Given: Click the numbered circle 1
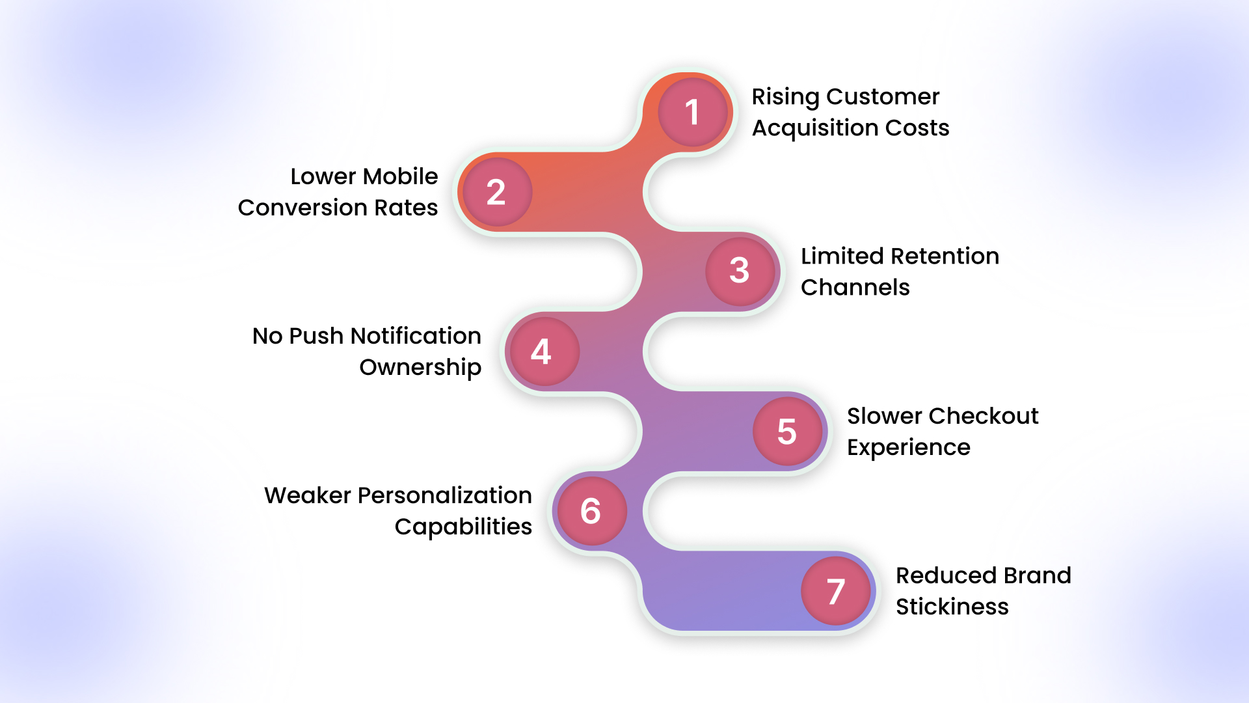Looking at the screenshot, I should coord(692,112).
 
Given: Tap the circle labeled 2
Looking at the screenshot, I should coord(496,192).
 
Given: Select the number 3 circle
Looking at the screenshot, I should coord(740,271).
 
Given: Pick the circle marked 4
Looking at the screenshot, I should coord(542,351).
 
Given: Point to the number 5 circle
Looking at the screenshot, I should coord(787,432).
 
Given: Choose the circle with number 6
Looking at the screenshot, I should coord(591,511).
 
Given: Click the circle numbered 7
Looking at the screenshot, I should coord(836,591).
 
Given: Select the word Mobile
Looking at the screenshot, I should coord(401,176).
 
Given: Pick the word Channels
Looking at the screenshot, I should coord(855,288).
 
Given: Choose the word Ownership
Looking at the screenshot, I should coord(420,368).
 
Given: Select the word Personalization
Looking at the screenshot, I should coord(445,495).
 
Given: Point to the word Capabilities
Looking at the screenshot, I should coord(463,527).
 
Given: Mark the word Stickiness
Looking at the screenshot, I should coord(952,607).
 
